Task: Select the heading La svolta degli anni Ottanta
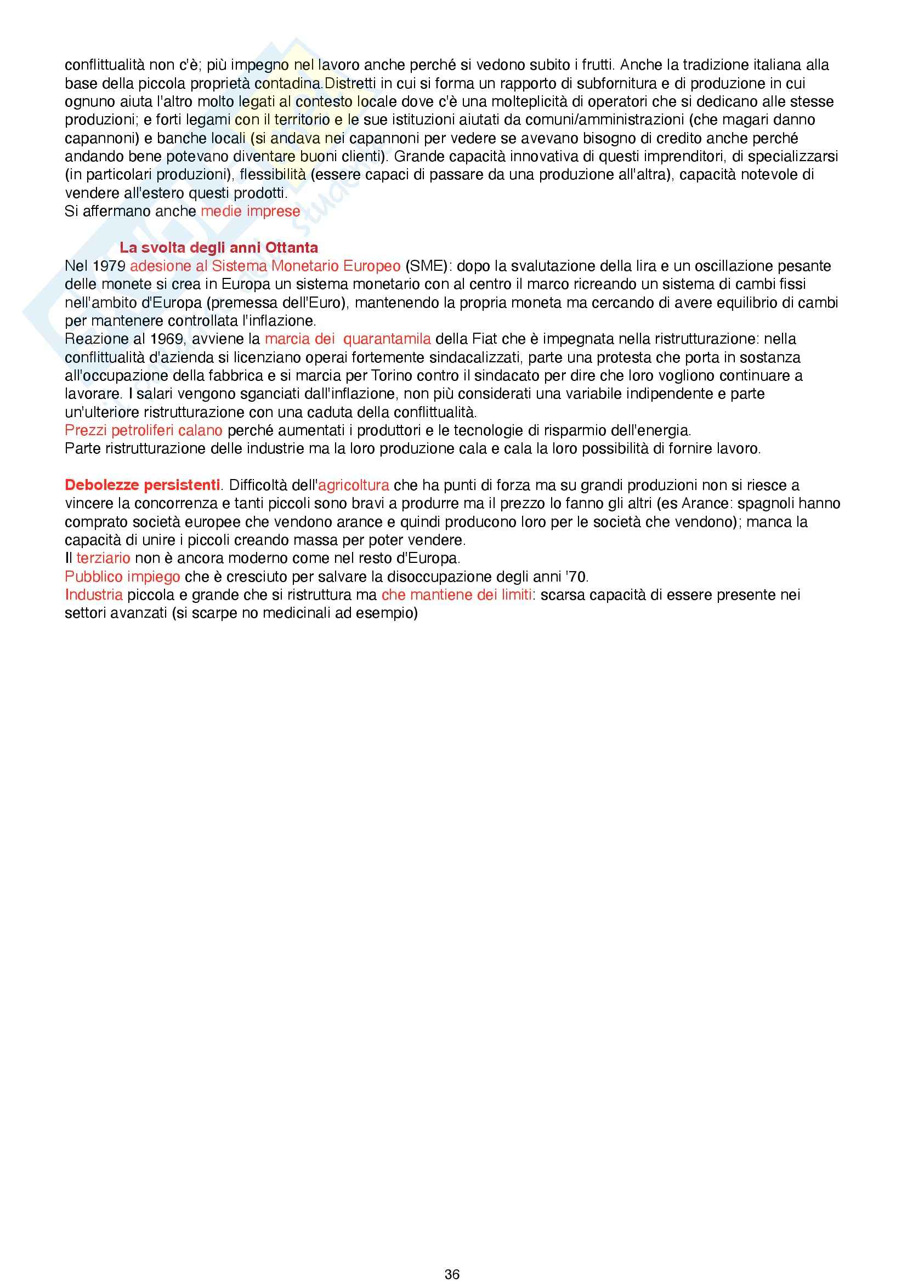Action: coord(218,247)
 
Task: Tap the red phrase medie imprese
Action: coord(250,211)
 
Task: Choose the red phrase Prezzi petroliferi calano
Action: coord(144,430)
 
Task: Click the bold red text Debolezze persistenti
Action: coord(143,485)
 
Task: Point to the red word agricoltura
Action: coord(354,485)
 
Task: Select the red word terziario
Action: coord(103,558)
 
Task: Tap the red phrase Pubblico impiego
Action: coord(122,576)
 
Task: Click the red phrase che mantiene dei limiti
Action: coord(456,595)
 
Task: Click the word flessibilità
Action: coord(273,175)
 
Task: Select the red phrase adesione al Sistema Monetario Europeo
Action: coord(265,266)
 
